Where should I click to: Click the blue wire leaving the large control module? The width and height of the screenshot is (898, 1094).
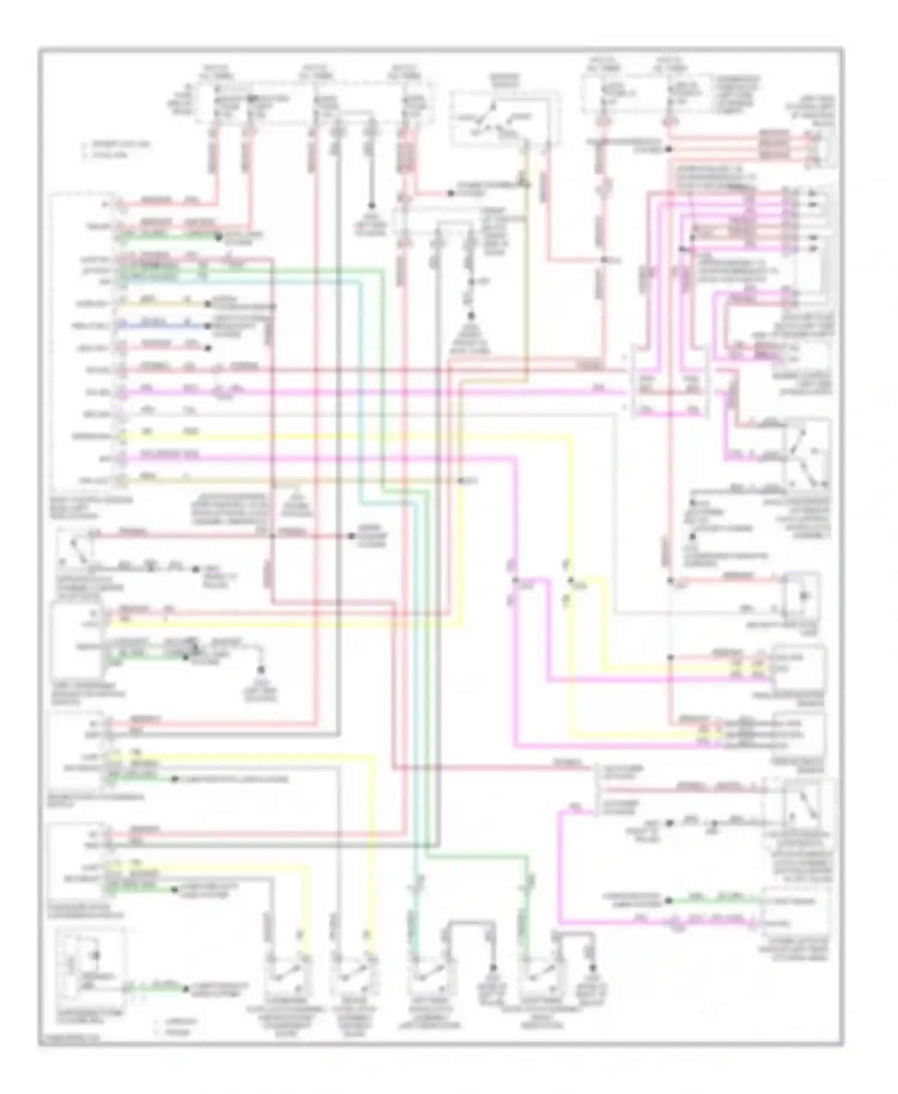(x=162, y=326)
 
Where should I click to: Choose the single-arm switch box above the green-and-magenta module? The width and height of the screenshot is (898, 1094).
(x=799, y=811)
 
